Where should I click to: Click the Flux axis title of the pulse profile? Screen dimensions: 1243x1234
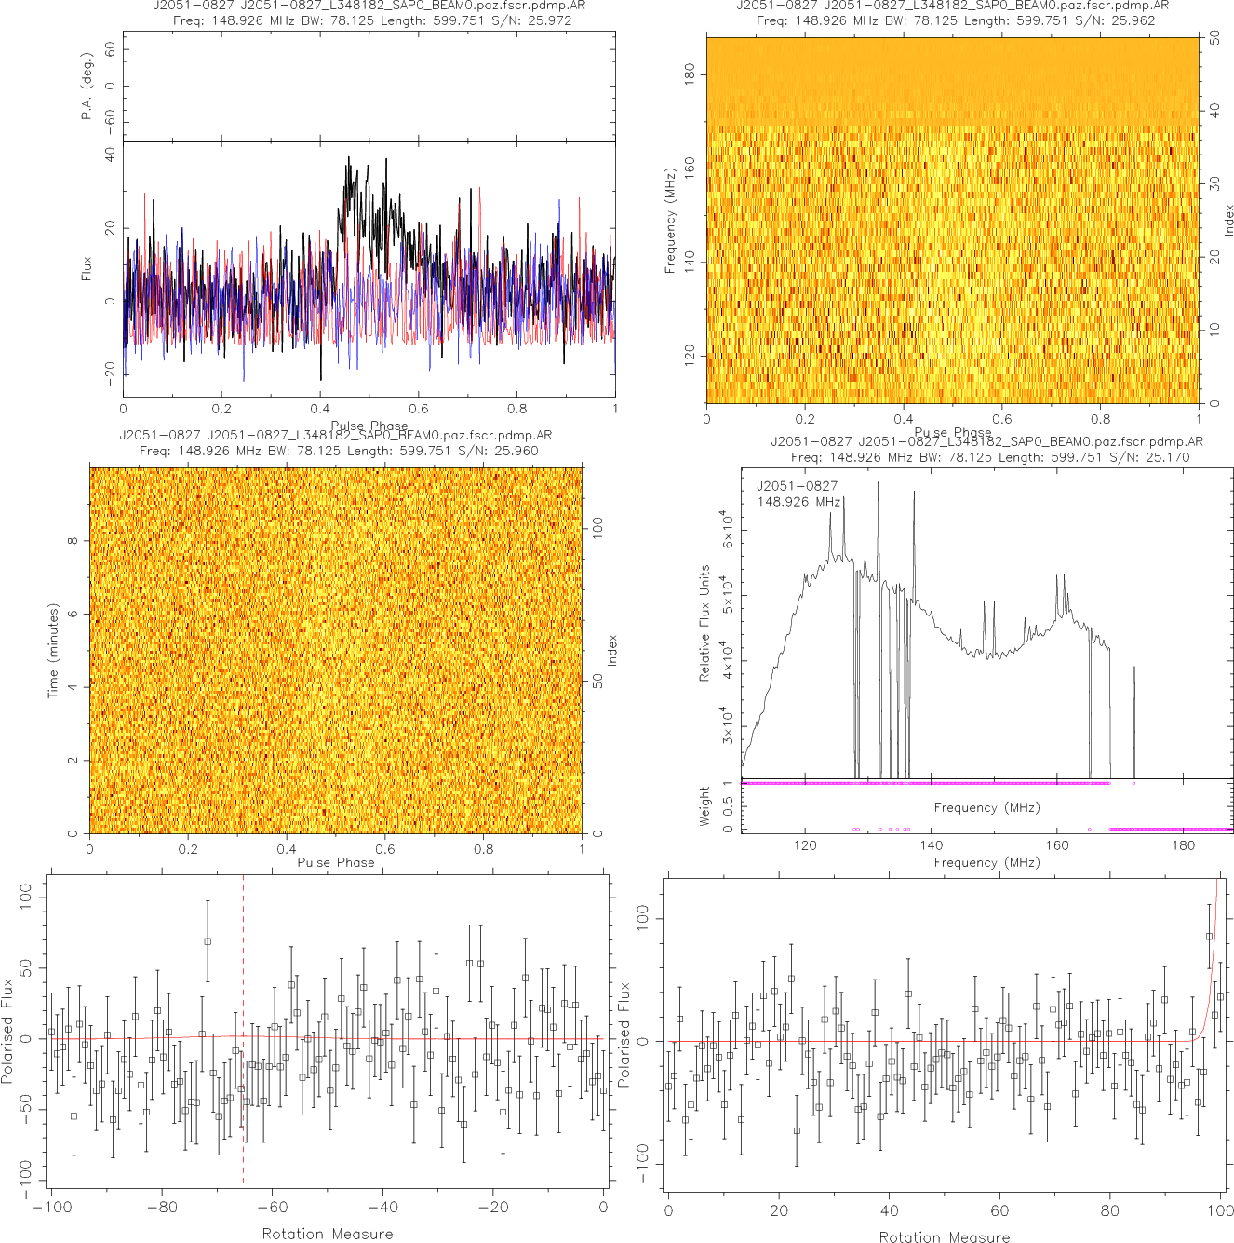(87, 269)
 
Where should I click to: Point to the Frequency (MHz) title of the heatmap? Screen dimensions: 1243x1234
(669, 221)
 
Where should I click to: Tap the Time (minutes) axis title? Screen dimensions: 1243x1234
(53, 651)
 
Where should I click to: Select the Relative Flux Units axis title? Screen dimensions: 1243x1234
(704, 623)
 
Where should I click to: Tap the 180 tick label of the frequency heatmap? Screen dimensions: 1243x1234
(690, 74)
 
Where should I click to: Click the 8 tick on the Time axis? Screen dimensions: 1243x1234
(73, 541)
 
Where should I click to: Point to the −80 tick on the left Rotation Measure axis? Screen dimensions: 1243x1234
(161, 1208)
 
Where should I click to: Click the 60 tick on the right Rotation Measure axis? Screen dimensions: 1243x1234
(999, 1210)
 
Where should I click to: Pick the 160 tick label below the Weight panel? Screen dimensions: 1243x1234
(1057, 845)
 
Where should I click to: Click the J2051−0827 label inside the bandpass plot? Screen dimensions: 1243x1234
(797, 486)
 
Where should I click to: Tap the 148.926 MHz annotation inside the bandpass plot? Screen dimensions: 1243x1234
(798, 502)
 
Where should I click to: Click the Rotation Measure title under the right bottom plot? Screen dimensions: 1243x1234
(945, 1236)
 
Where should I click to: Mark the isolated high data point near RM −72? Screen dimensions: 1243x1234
(208, 941)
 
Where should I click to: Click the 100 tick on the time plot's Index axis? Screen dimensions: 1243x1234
(598, 528)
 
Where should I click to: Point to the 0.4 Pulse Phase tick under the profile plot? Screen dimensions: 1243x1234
(320, 409)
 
